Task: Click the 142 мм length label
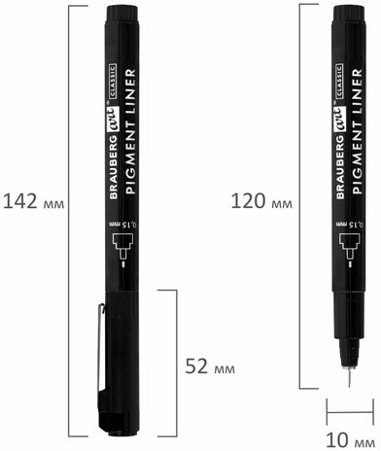(33, 201)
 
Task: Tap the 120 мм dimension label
(261, 201)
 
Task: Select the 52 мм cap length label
(210, 366)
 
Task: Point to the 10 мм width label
(351, 440)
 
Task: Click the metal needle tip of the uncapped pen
(349, 377)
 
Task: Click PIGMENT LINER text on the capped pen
(130, 131)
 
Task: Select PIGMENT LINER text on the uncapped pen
(357, 131)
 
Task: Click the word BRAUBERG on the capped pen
(114, 167)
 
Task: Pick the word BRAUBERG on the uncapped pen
(340, 167)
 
